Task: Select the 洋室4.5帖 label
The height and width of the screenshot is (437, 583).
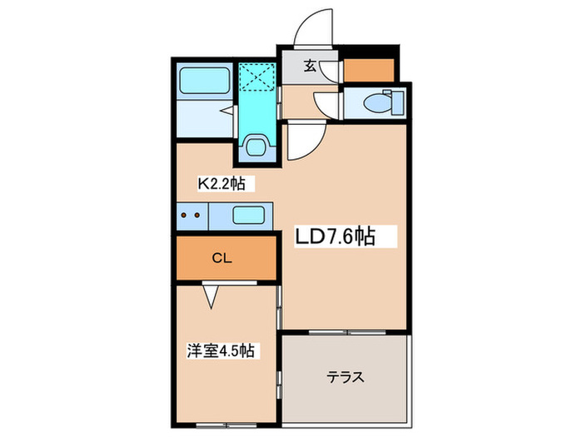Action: coord(220,351)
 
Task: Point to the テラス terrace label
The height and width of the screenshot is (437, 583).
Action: coord(344,376)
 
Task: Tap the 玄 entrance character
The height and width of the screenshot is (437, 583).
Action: coord(309,67)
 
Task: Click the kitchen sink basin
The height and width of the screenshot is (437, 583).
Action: coord(248,216)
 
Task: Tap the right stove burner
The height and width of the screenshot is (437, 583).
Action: coord(198,216)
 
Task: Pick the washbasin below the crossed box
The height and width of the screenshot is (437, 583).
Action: coord(257,148)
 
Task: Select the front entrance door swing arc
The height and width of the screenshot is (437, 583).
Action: coord(313,29)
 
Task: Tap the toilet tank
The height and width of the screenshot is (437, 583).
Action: coord(396,103)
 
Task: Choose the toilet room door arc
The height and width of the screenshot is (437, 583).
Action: coord(326,106)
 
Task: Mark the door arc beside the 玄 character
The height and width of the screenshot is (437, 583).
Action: coord(329,69)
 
